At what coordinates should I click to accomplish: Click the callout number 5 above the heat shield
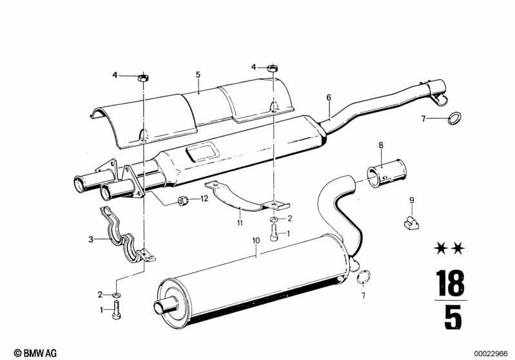click(198, 75)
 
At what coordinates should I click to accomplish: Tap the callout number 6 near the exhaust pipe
click(329, 97)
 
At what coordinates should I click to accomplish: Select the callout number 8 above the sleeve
click(381, 146)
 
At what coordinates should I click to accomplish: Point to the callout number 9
click(412, 200)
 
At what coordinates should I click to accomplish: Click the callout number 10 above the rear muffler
click(256, 241)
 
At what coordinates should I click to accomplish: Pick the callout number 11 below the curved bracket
click(240, 223)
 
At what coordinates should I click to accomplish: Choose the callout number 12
click(204, 198)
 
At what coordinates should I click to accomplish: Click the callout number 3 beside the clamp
click(91, 240)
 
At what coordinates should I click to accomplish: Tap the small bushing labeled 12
click(182, 200)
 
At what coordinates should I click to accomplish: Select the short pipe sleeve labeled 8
click(387, 173)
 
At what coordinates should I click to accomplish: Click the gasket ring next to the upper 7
click(454, 118)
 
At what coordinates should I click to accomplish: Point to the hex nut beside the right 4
click(273, 68)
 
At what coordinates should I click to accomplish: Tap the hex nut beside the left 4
click(143, 78)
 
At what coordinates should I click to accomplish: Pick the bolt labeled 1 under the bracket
click(275, 234)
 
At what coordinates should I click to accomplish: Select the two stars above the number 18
click(449, 249)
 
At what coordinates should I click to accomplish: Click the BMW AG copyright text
click(35, 353)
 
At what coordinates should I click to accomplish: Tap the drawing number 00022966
click(491, 354)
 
